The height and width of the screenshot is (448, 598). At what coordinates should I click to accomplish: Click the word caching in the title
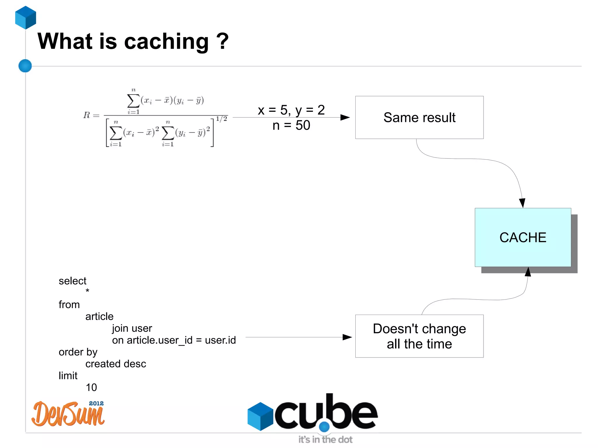point(166,42)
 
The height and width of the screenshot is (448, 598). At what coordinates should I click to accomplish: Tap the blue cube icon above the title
point(26,18)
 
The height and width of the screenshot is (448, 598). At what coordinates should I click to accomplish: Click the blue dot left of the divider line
point(25,66)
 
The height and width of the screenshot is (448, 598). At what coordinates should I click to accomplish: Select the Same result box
point(419,117)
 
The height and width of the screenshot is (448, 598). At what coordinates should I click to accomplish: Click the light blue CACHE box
point(523,237)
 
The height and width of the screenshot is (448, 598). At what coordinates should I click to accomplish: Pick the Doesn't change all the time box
point(419,336)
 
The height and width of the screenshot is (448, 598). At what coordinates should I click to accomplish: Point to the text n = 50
point(291,125)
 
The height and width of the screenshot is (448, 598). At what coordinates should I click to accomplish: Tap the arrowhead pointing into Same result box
point(345,117)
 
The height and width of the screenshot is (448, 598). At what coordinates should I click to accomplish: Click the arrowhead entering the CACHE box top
point(522,203)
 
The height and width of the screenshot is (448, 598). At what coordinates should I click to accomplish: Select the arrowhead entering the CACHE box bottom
point(528,272)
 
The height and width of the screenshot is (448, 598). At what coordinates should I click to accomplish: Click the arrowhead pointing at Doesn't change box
point(347,337)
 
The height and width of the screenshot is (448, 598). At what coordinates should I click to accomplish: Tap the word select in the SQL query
point(72,281)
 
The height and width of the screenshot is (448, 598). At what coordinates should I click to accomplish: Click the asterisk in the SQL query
point(87,291)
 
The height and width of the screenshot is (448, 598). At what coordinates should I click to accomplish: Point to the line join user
point(132,328)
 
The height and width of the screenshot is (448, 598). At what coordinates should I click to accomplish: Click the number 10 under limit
point(91,388)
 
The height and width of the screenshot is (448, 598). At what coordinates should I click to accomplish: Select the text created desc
point(116,364)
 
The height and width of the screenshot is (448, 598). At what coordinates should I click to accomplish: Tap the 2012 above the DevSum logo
point(96,403)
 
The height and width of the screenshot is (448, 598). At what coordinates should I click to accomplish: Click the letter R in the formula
point(87,115)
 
